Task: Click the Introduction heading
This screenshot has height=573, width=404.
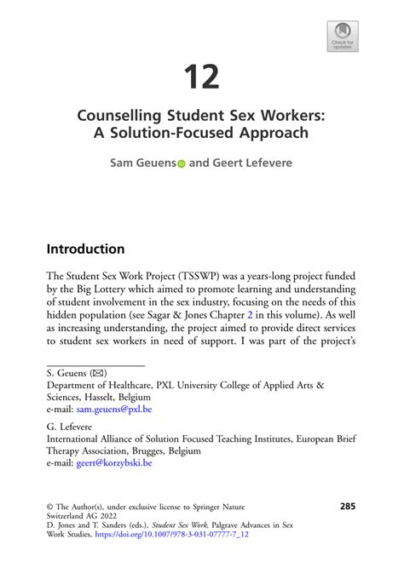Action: coord(85,249)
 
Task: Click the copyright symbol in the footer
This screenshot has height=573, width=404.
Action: coord(50,507)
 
